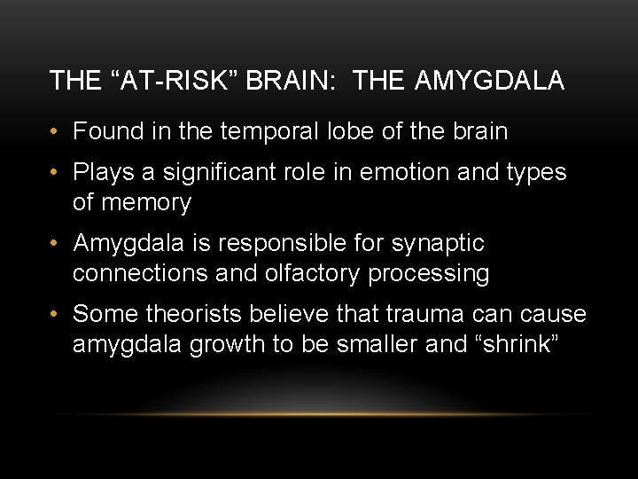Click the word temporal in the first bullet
pyautogui.click(x=267, y=132)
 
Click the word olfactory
pyautogui.click(x=313, y=274)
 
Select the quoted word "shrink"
pyautogui.click(x=519, y=345)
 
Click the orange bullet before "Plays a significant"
pyautogui.click(x=55, y=172)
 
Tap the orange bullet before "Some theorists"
pyautogui.click(x=55, y=315)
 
